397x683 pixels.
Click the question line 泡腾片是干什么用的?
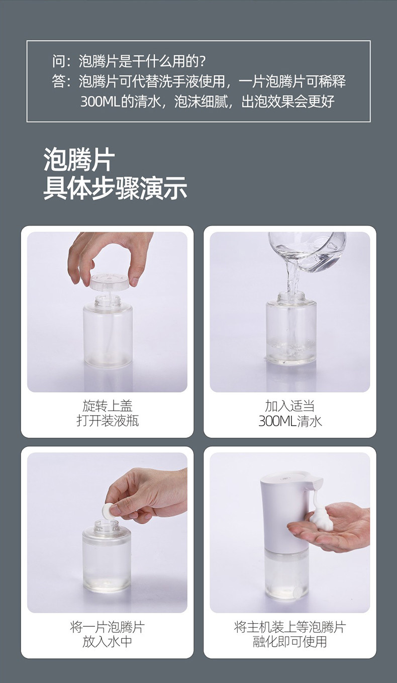142,61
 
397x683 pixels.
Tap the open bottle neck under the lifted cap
108,302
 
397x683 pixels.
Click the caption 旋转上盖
108,406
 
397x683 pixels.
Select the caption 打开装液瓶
108,421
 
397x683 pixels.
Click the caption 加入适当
289,406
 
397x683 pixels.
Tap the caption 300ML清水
290,421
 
